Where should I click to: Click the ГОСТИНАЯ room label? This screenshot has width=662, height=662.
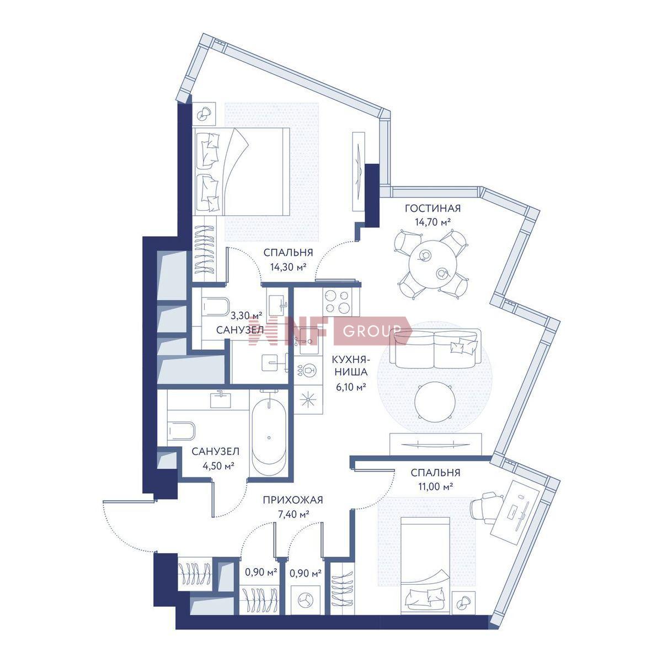coord(432,208)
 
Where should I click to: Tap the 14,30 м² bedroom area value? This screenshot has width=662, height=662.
coord(288,267)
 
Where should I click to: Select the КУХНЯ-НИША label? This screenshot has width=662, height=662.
coord(350,366)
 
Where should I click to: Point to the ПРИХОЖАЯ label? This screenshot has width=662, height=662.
coord(293,500)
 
